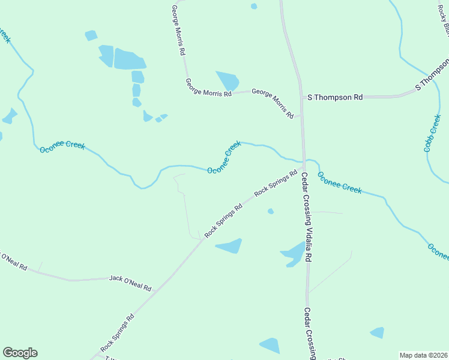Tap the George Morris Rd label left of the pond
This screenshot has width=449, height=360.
click(x=208, y=88)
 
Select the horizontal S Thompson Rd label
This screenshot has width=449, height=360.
click(x=336, y=97)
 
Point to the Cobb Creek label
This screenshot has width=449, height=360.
click(x=432, y=133)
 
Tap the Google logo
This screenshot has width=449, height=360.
click(x=20, y=353)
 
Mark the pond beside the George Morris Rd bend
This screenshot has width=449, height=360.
click(x=228, y=80)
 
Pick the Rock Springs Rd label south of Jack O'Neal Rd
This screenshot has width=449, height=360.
click(x=116, y=332)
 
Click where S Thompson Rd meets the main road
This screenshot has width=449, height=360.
click(x=301, y=97)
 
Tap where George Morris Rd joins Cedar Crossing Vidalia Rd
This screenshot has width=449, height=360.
click(x=301, y=116)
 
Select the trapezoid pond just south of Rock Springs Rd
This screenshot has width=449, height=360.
click(x=230, y=246)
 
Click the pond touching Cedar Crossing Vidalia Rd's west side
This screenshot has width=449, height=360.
click(x=294, y=253)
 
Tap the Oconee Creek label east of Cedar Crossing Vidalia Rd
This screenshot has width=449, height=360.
click(x=340, y=182)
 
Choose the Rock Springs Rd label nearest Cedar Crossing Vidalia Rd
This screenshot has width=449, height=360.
click(x=276, y=184)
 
